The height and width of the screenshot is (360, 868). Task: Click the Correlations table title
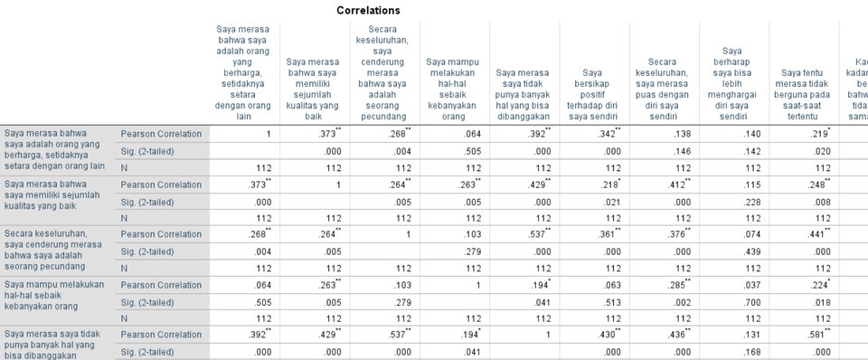[368, 10]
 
